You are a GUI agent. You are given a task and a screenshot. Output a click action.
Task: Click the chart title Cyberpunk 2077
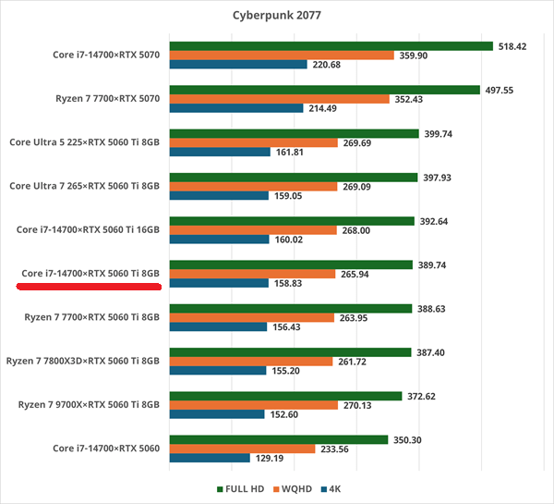pos(276,15)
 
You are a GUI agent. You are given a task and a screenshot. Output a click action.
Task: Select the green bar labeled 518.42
pos(331,44)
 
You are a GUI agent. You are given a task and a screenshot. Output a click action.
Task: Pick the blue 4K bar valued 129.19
pos(210,458)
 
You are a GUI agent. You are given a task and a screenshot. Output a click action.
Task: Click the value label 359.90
pos(415,55)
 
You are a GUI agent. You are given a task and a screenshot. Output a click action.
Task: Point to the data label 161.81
pos(294,153)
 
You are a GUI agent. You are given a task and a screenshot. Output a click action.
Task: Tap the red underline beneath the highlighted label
pos(90,287)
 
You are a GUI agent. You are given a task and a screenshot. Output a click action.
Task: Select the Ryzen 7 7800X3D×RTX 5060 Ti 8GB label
pos(83,361)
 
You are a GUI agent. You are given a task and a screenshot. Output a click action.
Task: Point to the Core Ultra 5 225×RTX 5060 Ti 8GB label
pos(85,142)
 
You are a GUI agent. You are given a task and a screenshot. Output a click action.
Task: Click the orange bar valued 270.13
pos(253,405)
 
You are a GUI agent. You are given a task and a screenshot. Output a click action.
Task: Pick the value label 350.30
pos(406,440)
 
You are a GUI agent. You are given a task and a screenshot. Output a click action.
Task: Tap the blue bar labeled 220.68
pos(238,65)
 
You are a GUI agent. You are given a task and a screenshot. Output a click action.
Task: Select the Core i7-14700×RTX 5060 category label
pos(106,449)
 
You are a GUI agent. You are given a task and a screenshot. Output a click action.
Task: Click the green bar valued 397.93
pos(292,177)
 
